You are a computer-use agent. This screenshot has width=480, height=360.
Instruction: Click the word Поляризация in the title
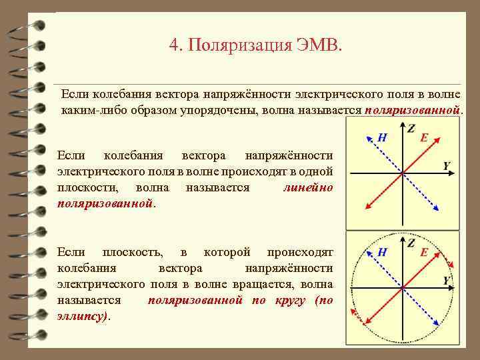pyautogui.click(x=240, y=46)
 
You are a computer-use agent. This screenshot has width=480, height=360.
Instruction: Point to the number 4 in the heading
pyautogui.click(x=174, y=46)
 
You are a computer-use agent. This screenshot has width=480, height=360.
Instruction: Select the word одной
pyautogui.click(x=316, y=172)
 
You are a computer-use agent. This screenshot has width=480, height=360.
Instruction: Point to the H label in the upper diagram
pyautogui.click(x=383, y=137)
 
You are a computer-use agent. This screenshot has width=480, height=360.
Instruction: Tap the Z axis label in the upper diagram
pyautogui.click(x=411, y=128)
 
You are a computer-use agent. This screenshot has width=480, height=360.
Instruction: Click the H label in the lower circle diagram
pyautogui.click(x=383, y=253)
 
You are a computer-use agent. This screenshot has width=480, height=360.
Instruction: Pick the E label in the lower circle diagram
pyautogui.click(x=424, y=253)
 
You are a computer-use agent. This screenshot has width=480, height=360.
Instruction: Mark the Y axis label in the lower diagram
pyautogui.click(x=447, y=281)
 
